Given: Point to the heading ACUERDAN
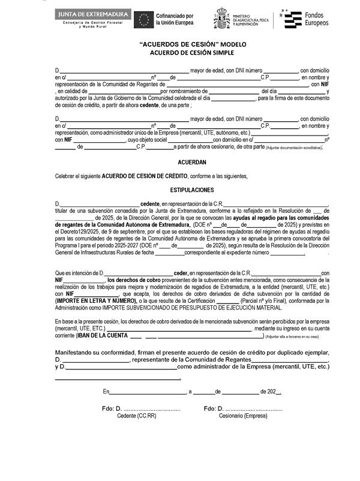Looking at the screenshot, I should pyautogui.click(x=192, y=162).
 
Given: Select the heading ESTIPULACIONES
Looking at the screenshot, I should pyautogui.click(x=192, y=190).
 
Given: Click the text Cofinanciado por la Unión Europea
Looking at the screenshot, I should pyautogui.click(x=175, y=19).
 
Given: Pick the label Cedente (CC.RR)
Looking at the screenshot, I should pyautogui.click(x=136, y=415).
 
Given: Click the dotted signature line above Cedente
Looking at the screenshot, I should pyautogui.click(x=148, y=408).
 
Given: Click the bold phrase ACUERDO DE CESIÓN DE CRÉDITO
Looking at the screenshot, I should pyautogui.click(x=144, y=176).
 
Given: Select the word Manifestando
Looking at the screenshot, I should pyautogui.click(x=77, y=352).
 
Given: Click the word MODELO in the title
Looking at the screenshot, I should pyautogui.click(x=233, y=44).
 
